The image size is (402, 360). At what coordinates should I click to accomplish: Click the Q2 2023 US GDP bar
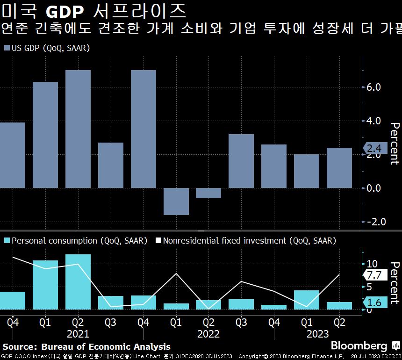(339, 168)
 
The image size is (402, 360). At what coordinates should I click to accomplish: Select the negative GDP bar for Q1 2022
(176, 202)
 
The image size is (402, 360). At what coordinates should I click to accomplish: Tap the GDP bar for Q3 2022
(241, 161)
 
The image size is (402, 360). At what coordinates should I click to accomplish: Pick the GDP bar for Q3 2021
(111, 166)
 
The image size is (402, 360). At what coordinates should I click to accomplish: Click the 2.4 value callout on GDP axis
(374, 149)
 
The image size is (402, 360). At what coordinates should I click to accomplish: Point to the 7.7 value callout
(375, 275)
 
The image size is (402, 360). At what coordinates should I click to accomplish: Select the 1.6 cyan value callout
(375, 303)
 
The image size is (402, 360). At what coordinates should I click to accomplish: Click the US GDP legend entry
(47, 48)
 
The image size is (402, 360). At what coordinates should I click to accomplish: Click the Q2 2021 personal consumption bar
(78, 282)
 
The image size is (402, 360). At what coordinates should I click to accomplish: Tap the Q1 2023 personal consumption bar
(307, 300)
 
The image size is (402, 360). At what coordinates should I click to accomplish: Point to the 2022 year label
(208, 334)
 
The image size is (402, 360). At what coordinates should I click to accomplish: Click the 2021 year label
(78, 334)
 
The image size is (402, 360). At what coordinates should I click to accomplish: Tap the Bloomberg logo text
(359, 346)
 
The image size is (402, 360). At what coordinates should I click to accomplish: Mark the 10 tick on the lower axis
(373, 264)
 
